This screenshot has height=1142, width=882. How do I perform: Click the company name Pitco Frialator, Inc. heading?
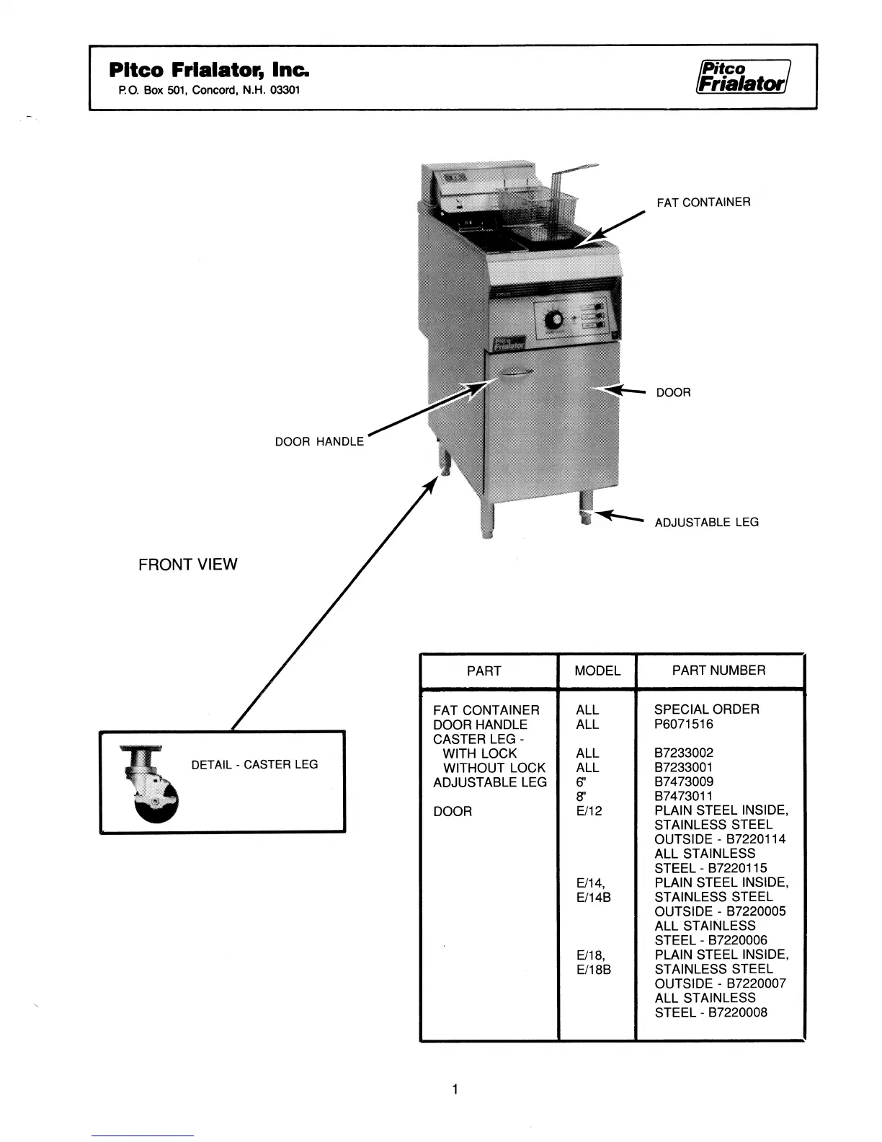tap(210, 70)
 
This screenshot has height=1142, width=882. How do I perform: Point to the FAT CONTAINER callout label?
tap(703, 203)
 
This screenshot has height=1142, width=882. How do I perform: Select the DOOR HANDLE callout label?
tap(319, 441)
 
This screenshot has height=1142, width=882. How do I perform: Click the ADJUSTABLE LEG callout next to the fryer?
tap(706, 522)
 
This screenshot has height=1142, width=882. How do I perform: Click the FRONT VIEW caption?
tap(187, 565)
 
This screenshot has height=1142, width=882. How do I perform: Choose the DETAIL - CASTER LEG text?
tap(254, 764)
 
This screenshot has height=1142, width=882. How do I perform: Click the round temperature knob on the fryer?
tap(555, 319)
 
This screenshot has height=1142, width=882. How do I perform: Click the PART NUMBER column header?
tap(718, 670)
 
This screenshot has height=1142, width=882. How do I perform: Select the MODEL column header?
tap(597, 670)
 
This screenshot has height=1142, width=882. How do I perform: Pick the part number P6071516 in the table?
tap(683, 724)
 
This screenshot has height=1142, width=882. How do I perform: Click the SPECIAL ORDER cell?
tap(706, 709)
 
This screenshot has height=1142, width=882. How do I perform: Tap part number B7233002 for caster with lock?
tap(684, 753)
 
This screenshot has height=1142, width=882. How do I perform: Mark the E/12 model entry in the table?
tap(589, 810)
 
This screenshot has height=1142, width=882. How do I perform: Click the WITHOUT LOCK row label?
tap(494, 768)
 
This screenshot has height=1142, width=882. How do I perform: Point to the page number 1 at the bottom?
tap(455, 1089)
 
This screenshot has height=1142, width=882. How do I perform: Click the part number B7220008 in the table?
tap(737, 1012)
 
